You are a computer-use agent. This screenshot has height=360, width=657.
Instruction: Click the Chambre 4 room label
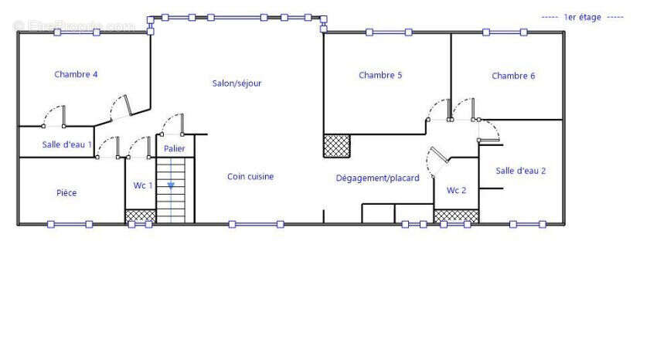click(x=76, y=74)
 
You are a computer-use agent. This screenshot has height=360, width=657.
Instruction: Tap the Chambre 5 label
click(x=380, y=76)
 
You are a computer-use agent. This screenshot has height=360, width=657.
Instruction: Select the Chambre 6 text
click(x=513, y=76)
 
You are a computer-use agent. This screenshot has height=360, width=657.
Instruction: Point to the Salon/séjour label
click(x=237, y=83)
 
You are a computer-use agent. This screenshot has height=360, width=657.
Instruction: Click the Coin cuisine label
click(x=250, y=177)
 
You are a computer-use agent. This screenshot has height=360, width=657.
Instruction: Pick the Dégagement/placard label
click(x=377, y=178)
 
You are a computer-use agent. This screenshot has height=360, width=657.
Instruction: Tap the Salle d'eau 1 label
click(x=67, y=144)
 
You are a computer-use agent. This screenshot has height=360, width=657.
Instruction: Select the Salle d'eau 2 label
click(x=521, y=171)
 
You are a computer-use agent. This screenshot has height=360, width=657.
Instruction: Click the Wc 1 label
click(x=143, y=185)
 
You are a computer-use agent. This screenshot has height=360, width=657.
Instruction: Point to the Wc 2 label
click(x=456, y=191)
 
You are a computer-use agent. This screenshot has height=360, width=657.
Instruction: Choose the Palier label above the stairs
click(x=175, y=148)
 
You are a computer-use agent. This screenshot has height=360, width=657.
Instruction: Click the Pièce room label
click(x=66, y=193)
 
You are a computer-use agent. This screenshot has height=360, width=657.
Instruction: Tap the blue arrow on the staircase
click(x=171, y=185)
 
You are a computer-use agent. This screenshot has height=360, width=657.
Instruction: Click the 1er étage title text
click(x=583, y=17)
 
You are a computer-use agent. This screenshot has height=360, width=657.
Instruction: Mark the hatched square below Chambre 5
click(x=337, y=146)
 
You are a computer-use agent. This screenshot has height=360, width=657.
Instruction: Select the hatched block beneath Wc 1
click(x=141, y=216)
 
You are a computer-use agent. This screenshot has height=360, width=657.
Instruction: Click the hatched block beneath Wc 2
click(x=456, y=216)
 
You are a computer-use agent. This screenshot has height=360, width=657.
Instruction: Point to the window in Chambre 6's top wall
click(x=505, y=32)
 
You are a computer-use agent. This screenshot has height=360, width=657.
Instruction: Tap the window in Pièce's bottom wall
click(x=70, y=224)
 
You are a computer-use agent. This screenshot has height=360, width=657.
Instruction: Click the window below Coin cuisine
click(x=256, y=224)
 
